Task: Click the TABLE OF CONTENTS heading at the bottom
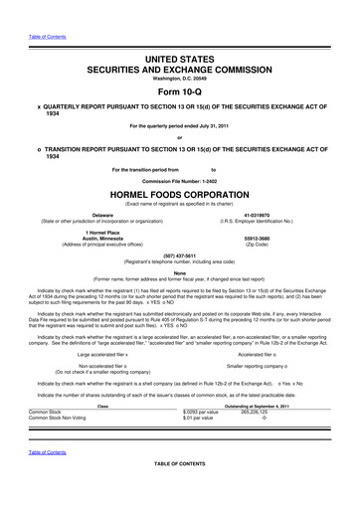(180, 492)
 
